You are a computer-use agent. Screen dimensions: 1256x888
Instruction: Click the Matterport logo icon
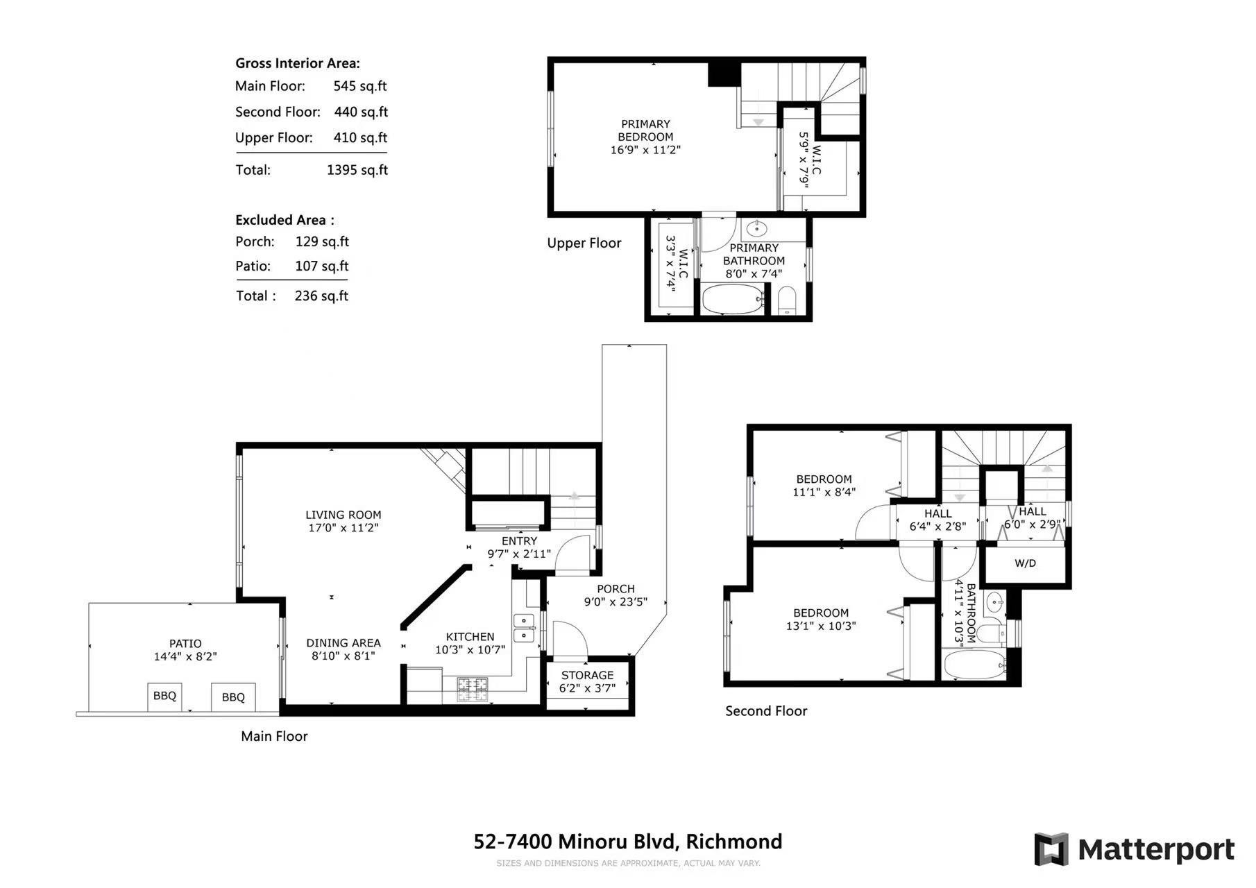point(1051,849)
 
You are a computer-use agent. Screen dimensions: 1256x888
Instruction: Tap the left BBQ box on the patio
point(164,697)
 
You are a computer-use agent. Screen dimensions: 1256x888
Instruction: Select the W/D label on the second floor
point(1025,563)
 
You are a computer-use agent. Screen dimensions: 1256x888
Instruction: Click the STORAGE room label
point(587,675)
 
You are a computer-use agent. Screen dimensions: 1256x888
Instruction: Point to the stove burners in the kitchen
point(472,690)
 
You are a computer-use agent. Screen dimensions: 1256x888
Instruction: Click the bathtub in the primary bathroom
point(733,300)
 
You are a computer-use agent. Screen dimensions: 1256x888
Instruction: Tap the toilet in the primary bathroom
point(787,300)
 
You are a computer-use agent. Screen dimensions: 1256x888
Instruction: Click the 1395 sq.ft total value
point(357,170)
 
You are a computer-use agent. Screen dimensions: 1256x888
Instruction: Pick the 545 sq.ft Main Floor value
point(359,86)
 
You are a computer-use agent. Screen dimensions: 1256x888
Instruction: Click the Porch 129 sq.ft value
point(322,241)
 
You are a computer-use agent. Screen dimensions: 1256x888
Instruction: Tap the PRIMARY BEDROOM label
point(645,130)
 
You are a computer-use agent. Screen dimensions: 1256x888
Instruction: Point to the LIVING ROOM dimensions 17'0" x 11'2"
point(343,528)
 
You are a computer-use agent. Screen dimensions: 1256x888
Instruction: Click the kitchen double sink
point(523,628)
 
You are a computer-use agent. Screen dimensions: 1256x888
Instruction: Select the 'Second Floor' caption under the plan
point(766,711)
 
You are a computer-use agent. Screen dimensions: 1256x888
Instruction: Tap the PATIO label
point(185,644)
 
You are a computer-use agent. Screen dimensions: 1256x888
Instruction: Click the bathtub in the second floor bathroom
point(974,665)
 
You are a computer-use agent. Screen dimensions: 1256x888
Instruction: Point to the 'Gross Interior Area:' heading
point(298,63)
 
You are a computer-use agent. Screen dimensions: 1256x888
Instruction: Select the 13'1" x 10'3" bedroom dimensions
point(821,626)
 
